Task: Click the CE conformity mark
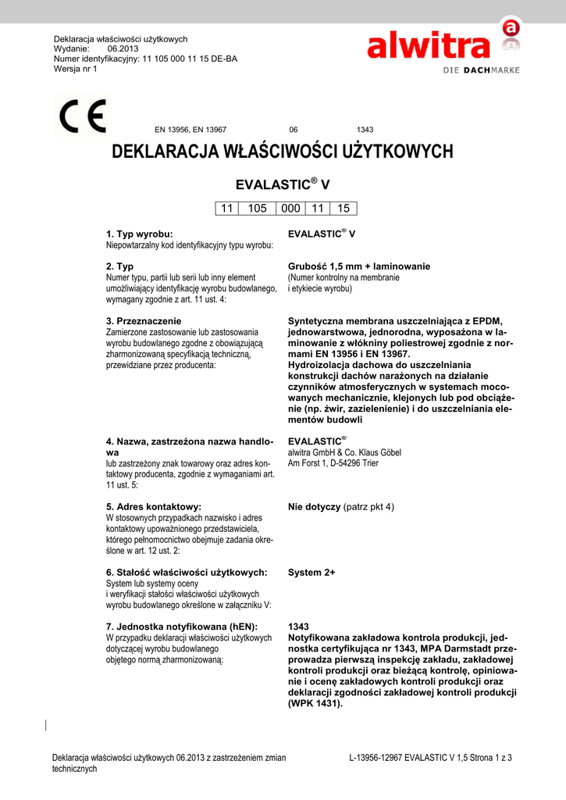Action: click(84, 118)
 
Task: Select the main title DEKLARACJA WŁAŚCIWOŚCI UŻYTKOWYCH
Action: click(283, 152)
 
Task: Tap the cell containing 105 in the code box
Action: click(257, 208)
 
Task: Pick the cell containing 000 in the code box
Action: click(290, 208)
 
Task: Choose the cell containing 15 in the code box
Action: click(344, 208)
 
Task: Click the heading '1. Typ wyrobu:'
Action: click(139, 234)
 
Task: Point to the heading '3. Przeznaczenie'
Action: click(144, 320)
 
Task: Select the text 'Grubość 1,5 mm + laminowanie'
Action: click(359, 266)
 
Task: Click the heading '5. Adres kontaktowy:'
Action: click(153, 506)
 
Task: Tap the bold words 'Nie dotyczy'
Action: click(314, 507)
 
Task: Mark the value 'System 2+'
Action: click(311, 573)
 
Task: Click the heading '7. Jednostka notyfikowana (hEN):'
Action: click(181, 627)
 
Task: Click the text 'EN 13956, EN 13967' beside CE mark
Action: click(190, 129)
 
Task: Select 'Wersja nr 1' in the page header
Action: click(75, 68)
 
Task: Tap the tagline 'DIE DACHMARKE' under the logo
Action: click(476, 70)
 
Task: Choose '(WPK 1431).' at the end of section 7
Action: click(315, 703)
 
